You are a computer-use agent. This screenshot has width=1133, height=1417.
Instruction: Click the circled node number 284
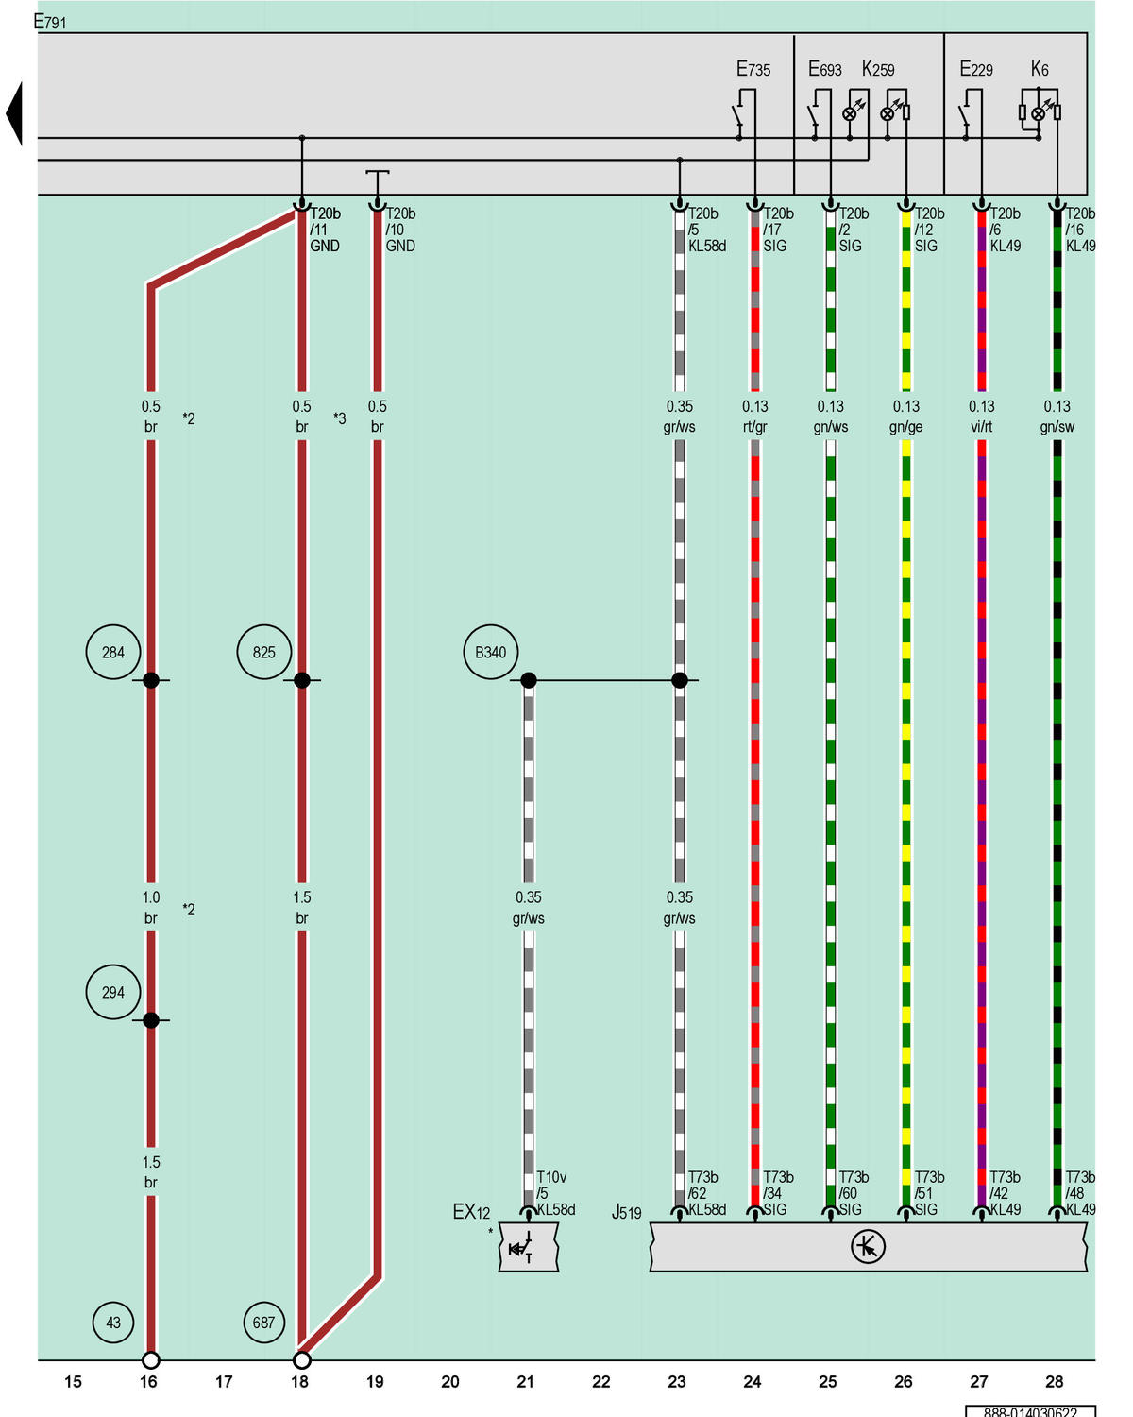[x=113, y=652]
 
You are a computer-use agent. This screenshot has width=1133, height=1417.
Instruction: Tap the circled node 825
[x=264, y=652]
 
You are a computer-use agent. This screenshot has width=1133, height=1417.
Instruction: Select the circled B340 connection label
[x=490, y=652]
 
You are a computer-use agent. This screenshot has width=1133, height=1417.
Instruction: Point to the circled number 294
[x=113, y=992]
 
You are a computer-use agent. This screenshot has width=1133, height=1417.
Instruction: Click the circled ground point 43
[x=113, y=1323]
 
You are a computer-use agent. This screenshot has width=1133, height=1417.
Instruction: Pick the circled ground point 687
[x=264, y=1323]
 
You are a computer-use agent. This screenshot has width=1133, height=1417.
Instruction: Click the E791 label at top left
[x=50, y=22]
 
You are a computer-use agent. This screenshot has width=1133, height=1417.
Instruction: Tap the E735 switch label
[x=753, y=68]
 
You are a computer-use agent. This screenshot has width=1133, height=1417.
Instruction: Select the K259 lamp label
[x=878, y=68]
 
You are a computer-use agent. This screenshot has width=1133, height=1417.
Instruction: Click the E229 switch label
[x=976, y=68]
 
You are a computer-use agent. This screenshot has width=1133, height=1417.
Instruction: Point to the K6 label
[x=1040, y=68]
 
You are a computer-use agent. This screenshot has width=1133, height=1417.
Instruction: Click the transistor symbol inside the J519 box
[x=868, y=1246]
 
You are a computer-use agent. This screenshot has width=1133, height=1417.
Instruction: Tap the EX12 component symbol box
[x=529, y=1247]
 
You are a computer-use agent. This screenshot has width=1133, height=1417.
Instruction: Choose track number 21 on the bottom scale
[x=525, y=1381]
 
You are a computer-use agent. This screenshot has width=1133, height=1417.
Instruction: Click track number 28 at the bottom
[x=1055, y=1381]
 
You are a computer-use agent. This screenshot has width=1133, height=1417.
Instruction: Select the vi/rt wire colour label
[x=982, y=427]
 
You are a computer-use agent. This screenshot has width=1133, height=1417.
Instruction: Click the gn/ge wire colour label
[x=905, y=427]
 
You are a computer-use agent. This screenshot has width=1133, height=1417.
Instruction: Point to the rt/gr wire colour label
[x=755, y=427]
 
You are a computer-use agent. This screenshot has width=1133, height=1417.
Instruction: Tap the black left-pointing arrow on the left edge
[x=14, y=113]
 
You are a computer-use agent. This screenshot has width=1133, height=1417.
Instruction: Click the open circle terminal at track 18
[x=301, y=1359]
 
